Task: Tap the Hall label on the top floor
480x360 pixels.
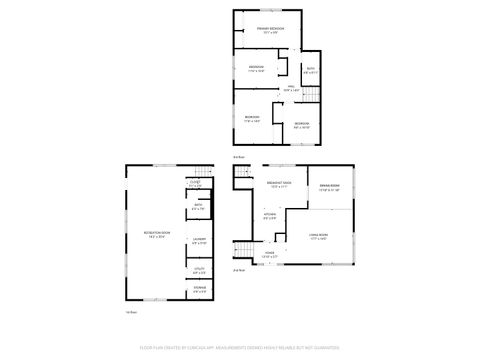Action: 291,90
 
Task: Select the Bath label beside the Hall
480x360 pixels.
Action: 310,71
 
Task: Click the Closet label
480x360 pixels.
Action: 195,184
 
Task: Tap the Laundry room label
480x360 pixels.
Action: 199,240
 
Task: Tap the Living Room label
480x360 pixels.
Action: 318,237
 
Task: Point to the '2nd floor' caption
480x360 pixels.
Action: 239,271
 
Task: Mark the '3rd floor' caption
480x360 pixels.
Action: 238,157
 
